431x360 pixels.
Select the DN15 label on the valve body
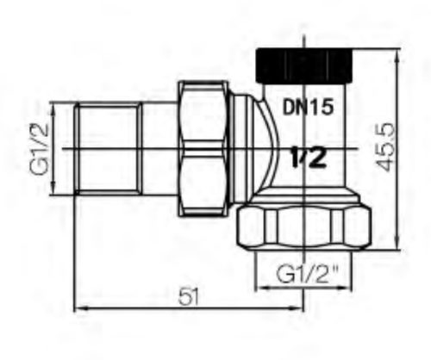coord(308,108)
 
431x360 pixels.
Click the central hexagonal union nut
coord(203,148)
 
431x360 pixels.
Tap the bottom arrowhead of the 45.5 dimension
coord(397,242)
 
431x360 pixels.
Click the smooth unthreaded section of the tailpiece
coord(159,149)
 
